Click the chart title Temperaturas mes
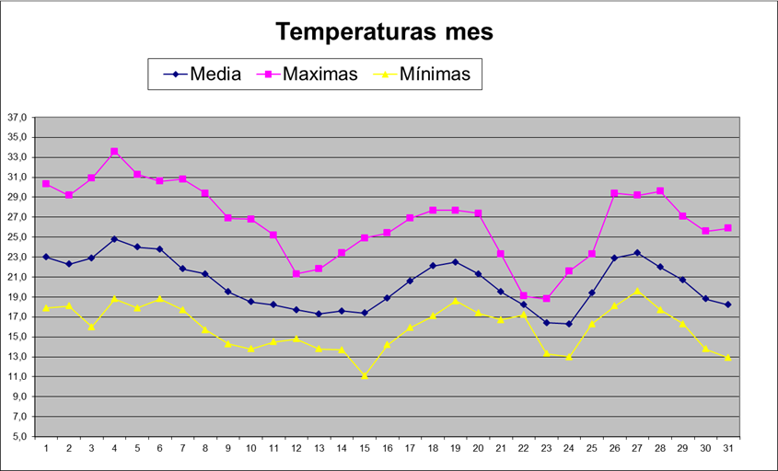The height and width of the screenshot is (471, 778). click(385, 32)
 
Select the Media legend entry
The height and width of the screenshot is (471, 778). click(215, 75)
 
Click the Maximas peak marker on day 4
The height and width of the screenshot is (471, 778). click(114, 152)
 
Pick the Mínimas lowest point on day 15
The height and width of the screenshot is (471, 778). click(364, 375)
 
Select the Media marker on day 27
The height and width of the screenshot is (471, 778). click(637, 252)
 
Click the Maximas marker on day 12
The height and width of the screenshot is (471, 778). click(296, 273)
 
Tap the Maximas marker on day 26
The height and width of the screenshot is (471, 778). click(614, 193)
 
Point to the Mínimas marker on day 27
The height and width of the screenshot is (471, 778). click(637, 291)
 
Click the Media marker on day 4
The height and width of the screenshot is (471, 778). click(114, 239)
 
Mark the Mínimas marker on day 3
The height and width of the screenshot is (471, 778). click(91, 327)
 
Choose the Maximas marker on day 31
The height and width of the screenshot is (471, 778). click(727, 228)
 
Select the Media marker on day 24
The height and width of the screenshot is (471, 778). click(569, 324)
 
